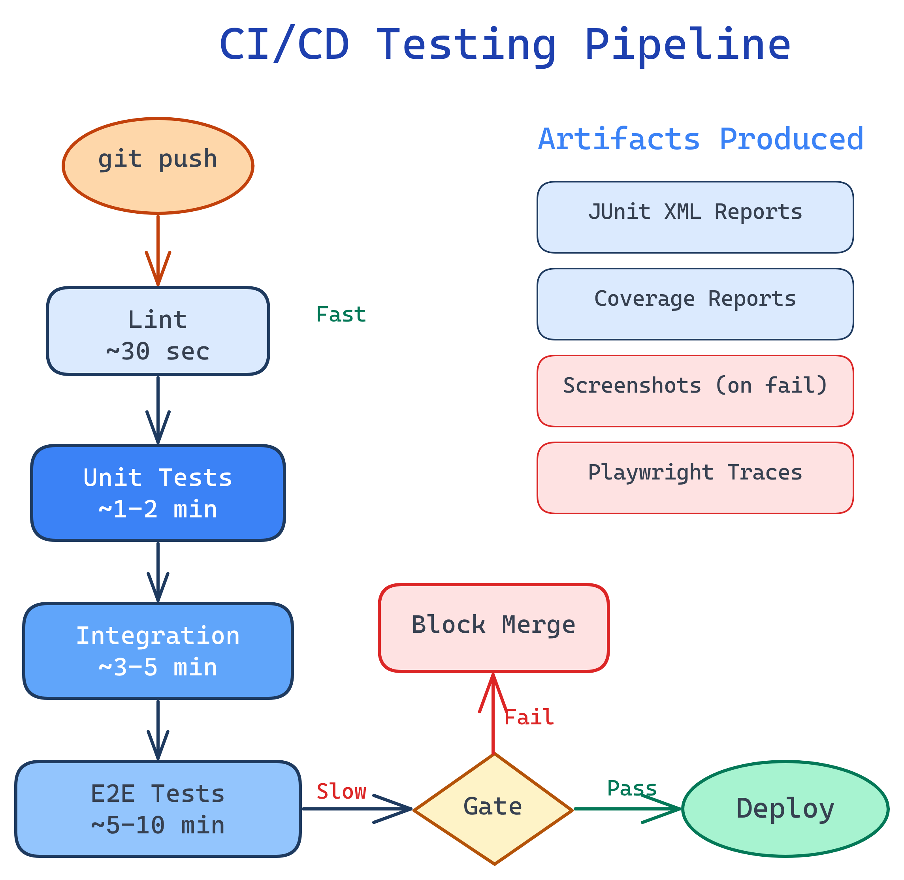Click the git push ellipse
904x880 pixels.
158,165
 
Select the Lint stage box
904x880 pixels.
158,331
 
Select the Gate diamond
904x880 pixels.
493,809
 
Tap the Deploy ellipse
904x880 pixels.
785,809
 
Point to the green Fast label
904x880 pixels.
341,315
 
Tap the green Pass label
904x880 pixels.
632,788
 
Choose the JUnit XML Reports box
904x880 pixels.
695,217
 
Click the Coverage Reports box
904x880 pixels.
695,304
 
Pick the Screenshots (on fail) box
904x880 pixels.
695,391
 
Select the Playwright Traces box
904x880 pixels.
695,478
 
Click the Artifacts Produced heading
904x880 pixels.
701,139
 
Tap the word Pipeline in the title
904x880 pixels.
687,45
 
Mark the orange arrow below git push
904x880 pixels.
158,250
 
